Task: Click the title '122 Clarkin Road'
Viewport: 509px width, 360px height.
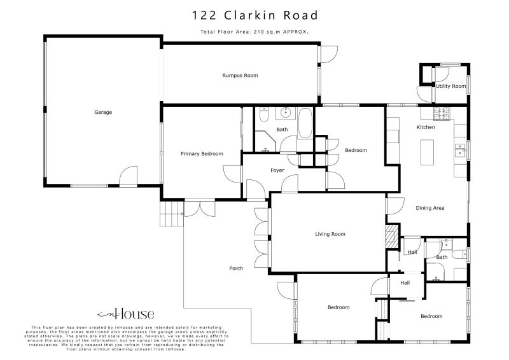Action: pyautogui.click(x=254, y=15)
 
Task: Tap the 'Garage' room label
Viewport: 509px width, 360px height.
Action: pyautogui.click(x=103, y=113)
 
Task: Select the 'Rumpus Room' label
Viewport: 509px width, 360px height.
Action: pyautogui.click(x=240, y=76)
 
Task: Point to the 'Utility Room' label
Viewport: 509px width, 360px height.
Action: pyautogui.click(x=450, y=86)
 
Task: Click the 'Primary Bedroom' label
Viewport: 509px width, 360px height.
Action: pyautogui.click(x=202, y=154)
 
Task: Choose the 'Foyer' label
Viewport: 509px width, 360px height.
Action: pyautogui.click(x=277, y=170)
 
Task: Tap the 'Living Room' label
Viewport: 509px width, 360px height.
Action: pyautogui.click(x=330, y=234)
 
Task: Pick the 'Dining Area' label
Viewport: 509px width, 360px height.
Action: pyautogui.click(x=430, y=208)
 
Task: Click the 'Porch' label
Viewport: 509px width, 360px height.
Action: pyautogui.click(x=236, y=268)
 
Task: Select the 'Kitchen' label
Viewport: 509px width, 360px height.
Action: pyautogui.click(x=426, y=127)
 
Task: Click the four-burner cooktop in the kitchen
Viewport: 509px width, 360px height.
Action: pyautogui.click(x=442, y=113)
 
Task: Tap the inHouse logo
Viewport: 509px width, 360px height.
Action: pyautogui.click(x=125, y=314)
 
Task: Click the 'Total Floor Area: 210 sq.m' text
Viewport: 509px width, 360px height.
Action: pyautogui.click(x=254, y=31)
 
